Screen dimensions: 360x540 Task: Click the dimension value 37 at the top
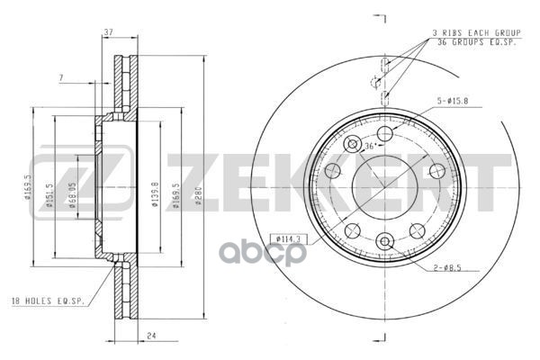(x=107, y=33)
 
